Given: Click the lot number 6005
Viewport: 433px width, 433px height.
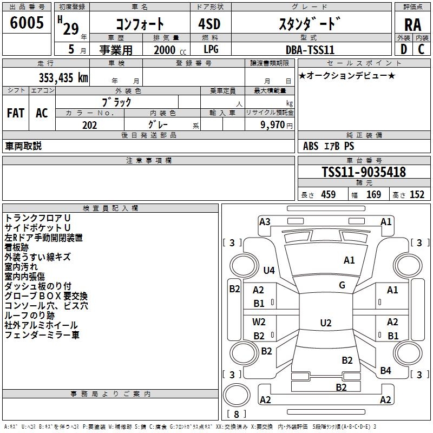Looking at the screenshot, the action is pyautogui.click(x=27, y=23).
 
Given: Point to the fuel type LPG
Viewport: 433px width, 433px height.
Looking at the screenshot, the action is pyautogui.click(x=211, y=49).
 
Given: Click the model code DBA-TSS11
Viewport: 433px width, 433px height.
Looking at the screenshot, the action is pyautogui.click(x=310, y=49).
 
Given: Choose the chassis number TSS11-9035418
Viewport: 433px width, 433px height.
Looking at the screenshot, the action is pyautogui.click(x=363, y=172).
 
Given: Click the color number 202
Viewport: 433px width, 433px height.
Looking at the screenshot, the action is pyautogui.click(x=89, y=125).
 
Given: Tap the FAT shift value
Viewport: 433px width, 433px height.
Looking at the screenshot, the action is pyautogui.click(x=15, y=113).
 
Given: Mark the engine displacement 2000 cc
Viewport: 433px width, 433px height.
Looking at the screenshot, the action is pyautogui.click(x=169, y=50).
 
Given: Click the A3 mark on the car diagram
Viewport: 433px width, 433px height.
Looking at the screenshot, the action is pyautogui.click(x=265, y=221).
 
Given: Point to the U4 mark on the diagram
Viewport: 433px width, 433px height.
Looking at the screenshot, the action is pyautogui.click(x=269, y=270).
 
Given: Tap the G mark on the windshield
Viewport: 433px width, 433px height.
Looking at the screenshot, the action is pyautogui.click(x=342, y=285).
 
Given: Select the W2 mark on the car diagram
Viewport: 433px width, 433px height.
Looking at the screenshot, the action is pyautogui.click(x=259, y=322).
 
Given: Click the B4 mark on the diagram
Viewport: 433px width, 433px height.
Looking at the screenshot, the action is pyautogui.click(x=385, y=371).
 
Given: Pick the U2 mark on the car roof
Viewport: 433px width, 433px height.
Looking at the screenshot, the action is pyautogui.click(x=325, y=323).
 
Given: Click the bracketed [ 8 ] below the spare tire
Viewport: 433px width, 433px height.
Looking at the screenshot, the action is pyautogui.click(x=235, y=415).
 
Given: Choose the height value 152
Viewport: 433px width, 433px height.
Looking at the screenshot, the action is pyautogui.click(x=417, y=195).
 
